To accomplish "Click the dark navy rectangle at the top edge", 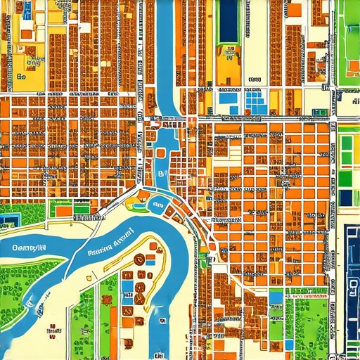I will point(229,21).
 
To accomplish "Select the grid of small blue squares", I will point(256,104).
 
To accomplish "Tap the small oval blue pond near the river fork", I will point(157,205).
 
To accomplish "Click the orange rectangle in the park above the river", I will point(63,210).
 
